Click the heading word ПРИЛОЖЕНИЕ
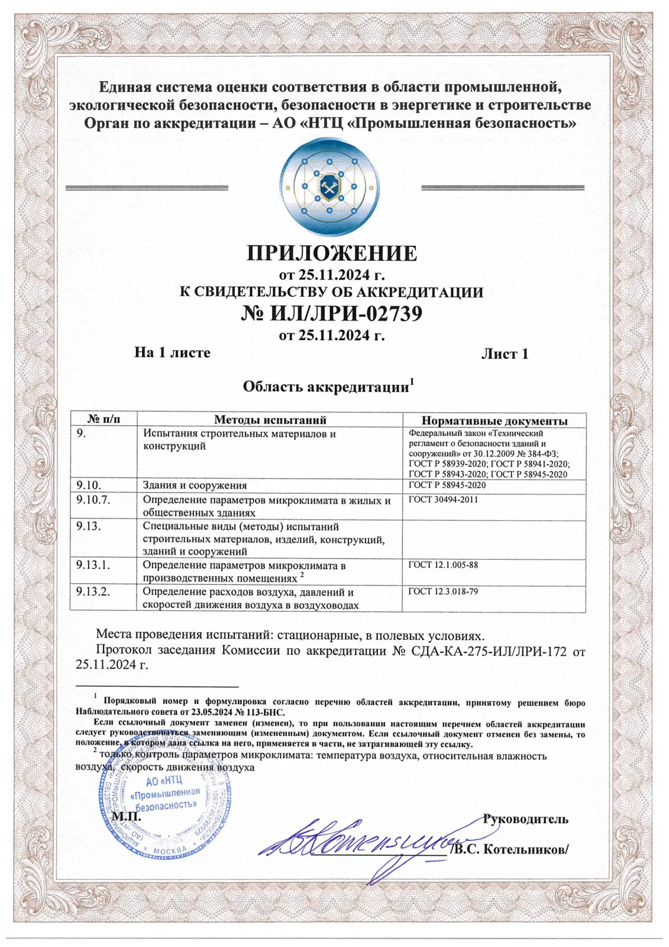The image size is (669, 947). [x=332, y=254]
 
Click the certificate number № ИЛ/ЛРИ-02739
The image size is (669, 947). [x=331, y=313]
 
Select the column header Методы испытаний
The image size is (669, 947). [x=270, y=420]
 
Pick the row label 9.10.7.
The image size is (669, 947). [x=93, y=500]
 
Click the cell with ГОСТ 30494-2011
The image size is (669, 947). [x=443, y=499]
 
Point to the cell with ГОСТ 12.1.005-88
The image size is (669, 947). [x=443, y=565]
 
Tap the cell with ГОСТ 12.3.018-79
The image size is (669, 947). [x=443, y=592]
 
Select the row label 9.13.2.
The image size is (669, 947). [x=93, y=592]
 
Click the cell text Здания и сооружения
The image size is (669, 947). [x=194, y=485]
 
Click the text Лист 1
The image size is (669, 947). [x=504, y=354]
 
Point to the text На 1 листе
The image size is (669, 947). [x=172, y=353]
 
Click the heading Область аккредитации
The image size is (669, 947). [x=326, y=387]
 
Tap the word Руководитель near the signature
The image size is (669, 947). [x=526, y=819]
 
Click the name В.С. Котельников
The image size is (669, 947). [x=510, y=849]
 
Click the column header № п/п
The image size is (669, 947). [x=104, y=420]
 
